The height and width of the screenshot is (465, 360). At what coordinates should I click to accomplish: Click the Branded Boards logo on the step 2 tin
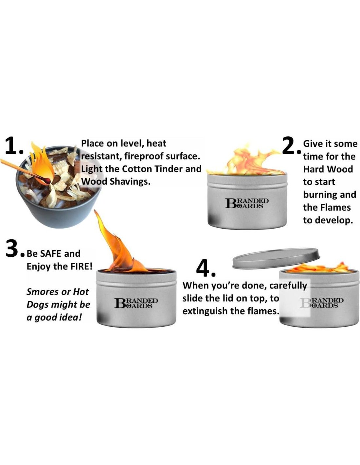click(x=246, y=203)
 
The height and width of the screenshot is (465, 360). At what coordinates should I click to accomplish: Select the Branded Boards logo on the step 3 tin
click(x=136, y=303)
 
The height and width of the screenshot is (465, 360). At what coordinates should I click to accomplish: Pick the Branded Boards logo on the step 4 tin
click(x=321, y=303)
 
